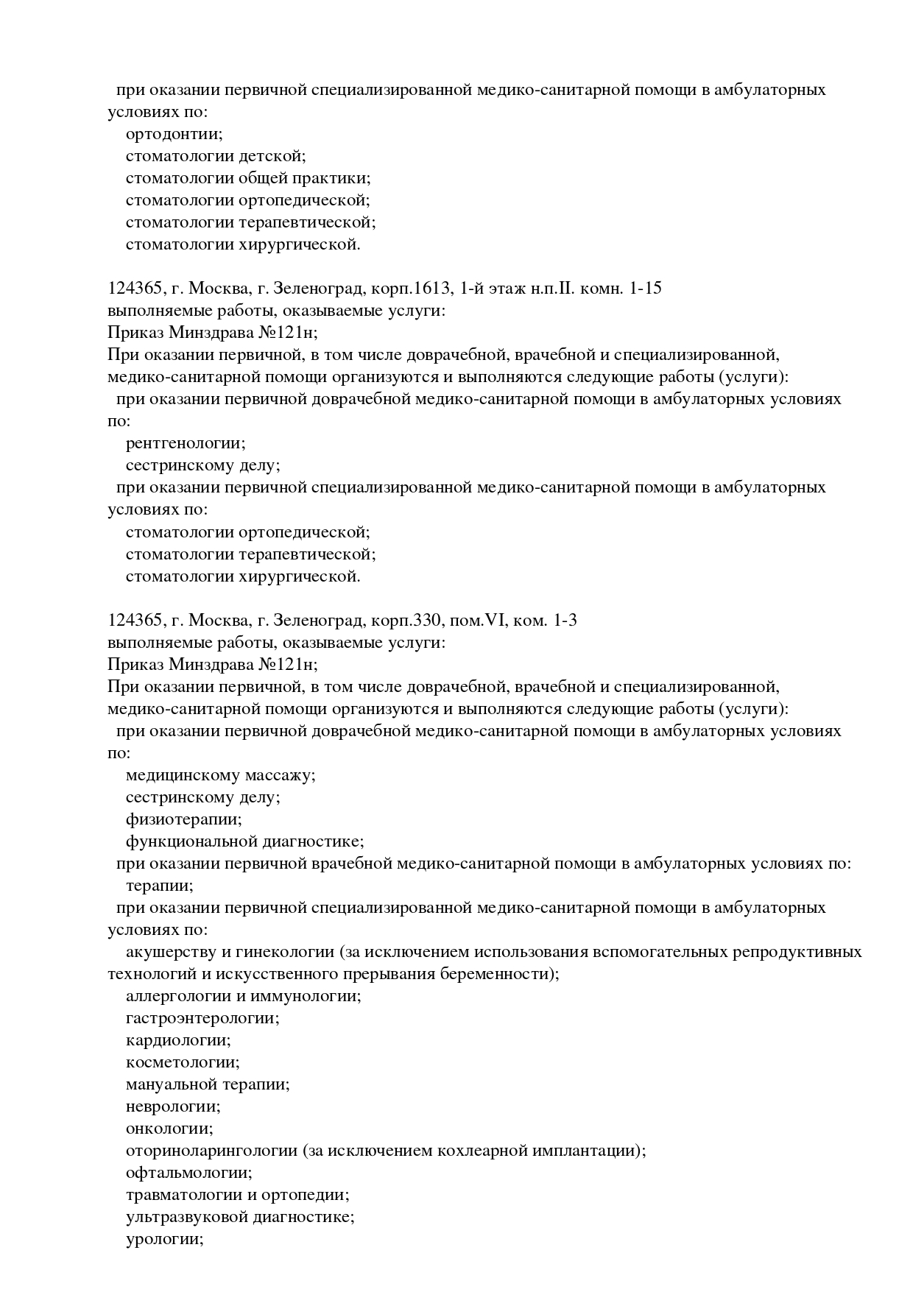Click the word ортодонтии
tap(174, 134)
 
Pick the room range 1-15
tap(646, 289)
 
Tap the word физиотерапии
tap(183, 819)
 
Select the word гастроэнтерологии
tap(202, 1018)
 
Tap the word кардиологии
tap(178, 1040)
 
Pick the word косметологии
tap(183, 1062)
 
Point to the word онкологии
tap(169, 1129)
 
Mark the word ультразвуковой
tap(186, 1217)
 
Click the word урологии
tap(164, 1239)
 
